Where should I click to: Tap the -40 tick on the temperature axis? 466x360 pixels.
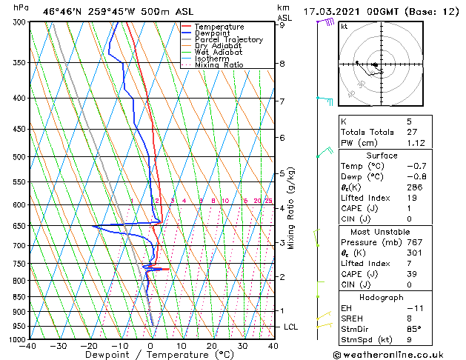(x=28, y=345)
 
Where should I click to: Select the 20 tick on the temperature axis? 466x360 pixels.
(x=211, y=345)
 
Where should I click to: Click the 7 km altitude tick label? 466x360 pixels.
(x=282, y=101)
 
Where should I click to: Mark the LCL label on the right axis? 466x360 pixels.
(x=291, y=327)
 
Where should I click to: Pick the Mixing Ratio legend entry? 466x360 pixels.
(x=219, y=65)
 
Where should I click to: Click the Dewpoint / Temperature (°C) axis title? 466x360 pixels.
(x=150, y=355)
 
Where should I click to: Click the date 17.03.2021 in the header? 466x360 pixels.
(x=335, y=12)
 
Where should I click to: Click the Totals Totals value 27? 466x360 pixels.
(x=412, y=132)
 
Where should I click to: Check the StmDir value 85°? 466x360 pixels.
(x=413, y=329)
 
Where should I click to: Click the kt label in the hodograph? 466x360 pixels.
(x=344, y=26)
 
